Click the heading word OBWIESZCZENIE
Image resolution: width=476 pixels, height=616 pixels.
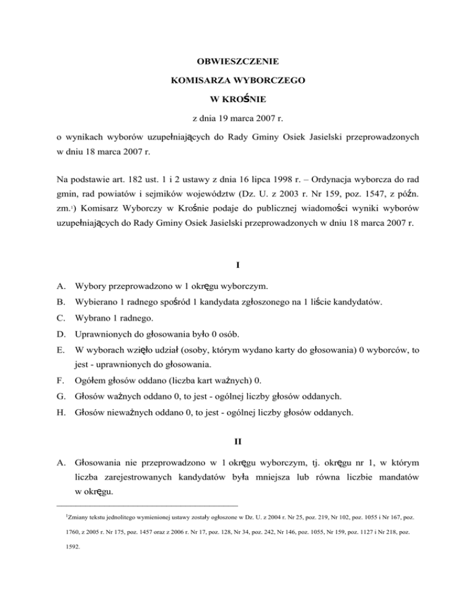[237, 62]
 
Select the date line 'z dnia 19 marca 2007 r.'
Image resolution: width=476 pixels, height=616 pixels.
[237, 116]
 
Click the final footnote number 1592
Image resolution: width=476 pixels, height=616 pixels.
[72, 548]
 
